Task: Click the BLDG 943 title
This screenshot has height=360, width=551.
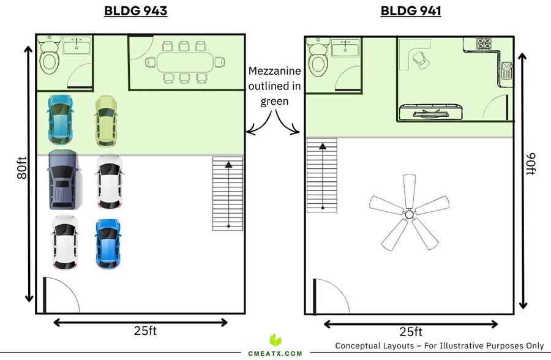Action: (136, 11)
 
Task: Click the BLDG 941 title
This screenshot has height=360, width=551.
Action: (411, 11)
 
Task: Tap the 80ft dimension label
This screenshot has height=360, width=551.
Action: (21, 168)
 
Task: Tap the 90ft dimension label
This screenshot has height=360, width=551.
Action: (531, 163)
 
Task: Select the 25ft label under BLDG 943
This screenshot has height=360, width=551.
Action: (145, 331)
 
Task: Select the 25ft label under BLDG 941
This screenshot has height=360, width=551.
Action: (411, 331)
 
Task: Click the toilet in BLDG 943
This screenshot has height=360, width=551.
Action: (49, 56)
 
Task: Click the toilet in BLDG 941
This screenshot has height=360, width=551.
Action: (318, 58)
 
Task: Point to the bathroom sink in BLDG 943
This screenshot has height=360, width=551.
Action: (77, 46)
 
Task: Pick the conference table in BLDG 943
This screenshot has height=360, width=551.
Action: (185, 62)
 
